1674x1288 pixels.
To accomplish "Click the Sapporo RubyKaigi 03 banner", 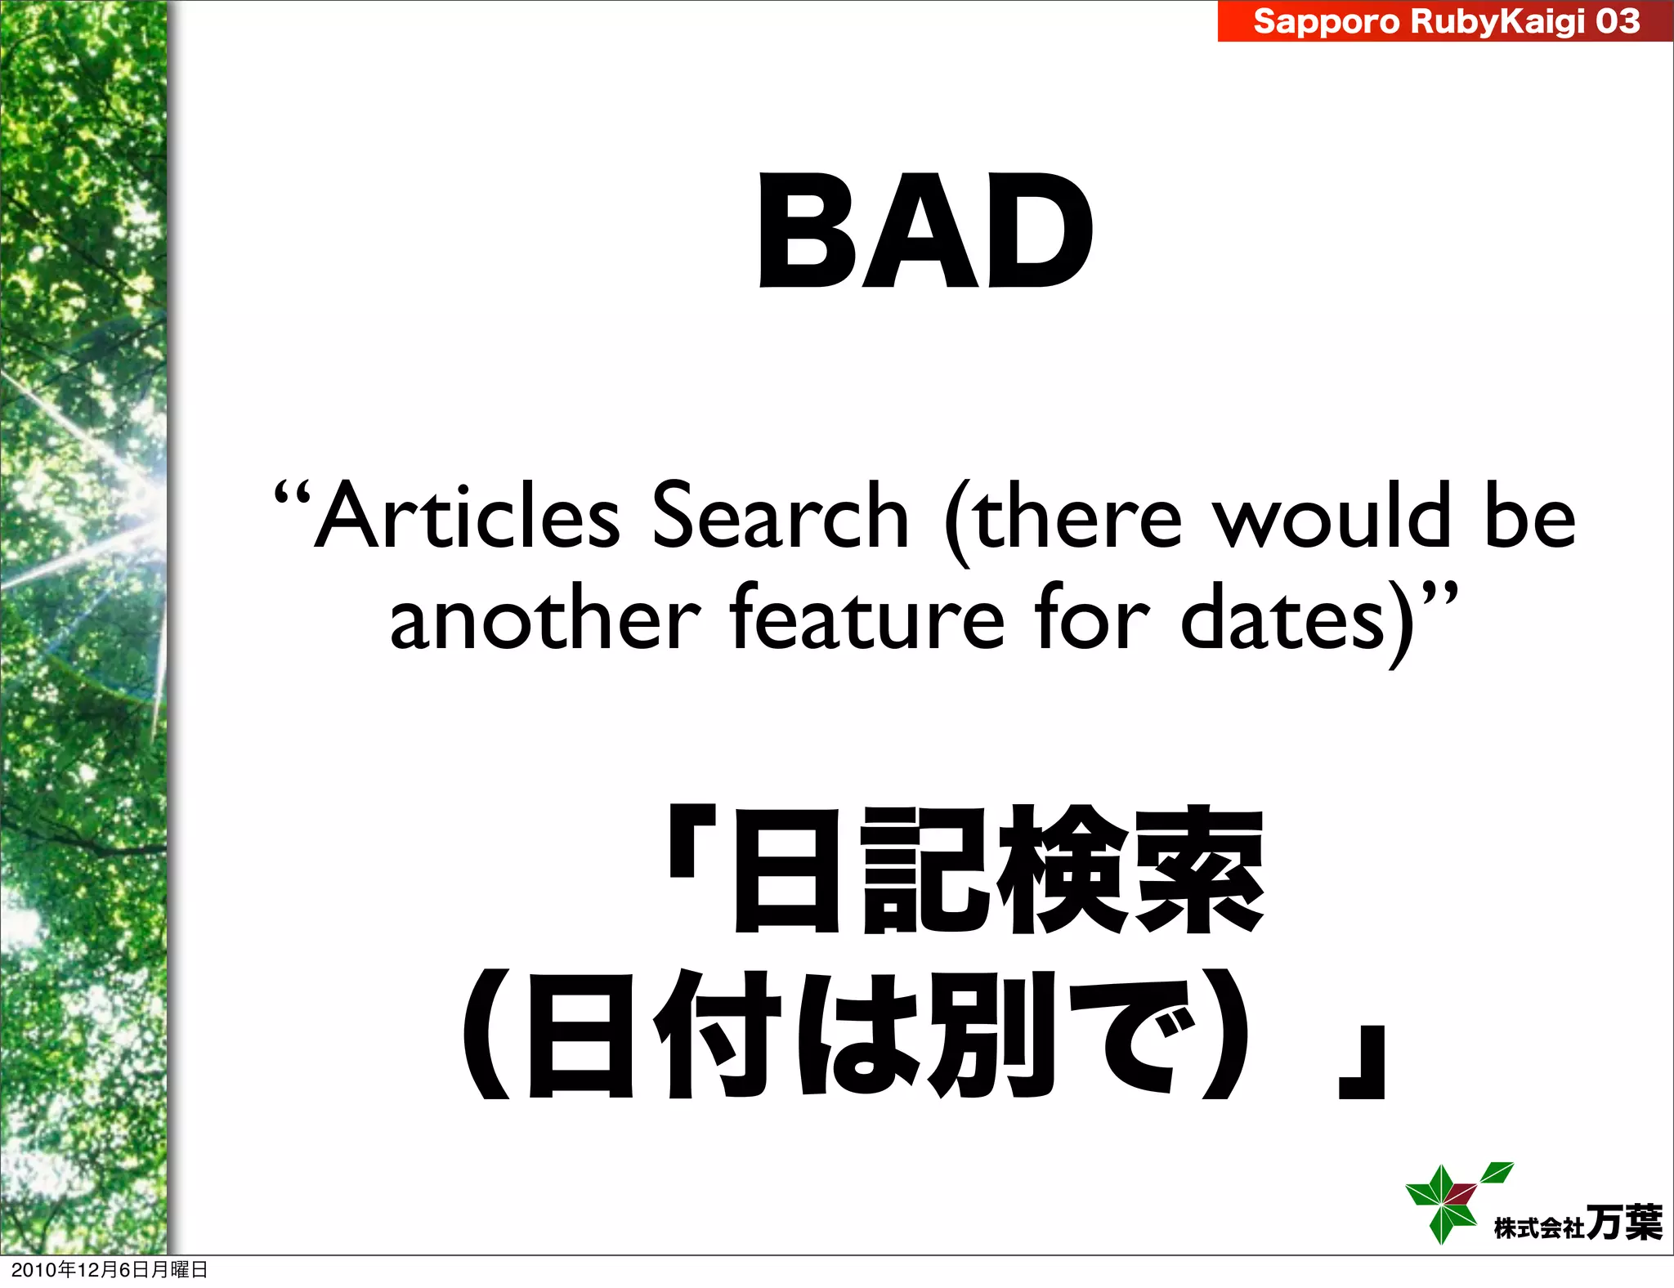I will pyautogui.click(x=1445, y=21).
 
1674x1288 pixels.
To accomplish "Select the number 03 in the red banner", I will pyautogui.click(x=1617, y=21).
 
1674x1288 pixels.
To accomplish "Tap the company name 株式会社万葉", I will pyautogui.click(x=1578, y=1223).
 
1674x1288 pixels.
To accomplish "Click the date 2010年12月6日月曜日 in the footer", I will pyautogui.click(x=110, y=1269).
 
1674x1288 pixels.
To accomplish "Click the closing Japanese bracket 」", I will pyautogui.click(x=1363, y=1062).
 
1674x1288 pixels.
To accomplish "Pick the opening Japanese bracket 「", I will pyautogui.click(x=692, y=842).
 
